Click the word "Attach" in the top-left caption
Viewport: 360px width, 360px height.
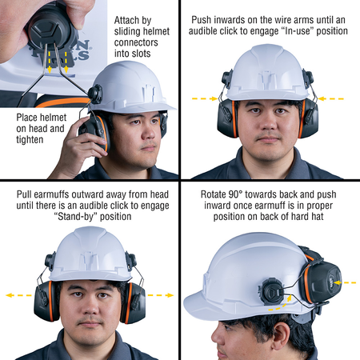click(126, 21)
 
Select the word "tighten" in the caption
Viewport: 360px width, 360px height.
click(30, 140)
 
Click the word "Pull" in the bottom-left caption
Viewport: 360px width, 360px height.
click(24, 194)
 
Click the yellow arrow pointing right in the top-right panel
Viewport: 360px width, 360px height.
click(205, 99)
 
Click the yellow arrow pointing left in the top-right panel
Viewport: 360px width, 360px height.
click(331, 99)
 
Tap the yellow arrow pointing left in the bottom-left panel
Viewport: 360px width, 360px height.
click(18, 295)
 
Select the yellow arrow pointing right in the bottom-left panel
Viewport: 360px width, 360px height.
click(161, 295)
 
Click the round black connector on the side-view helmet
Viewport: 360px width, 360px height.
click(271, 291)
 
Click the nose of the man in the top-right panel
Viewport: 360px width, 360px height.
click(268, 123)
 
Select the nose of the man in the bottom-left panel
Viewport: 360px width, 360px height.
click(90, 306)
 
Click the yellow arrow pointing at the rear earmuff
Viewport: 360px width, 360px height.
click(345, 282)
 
